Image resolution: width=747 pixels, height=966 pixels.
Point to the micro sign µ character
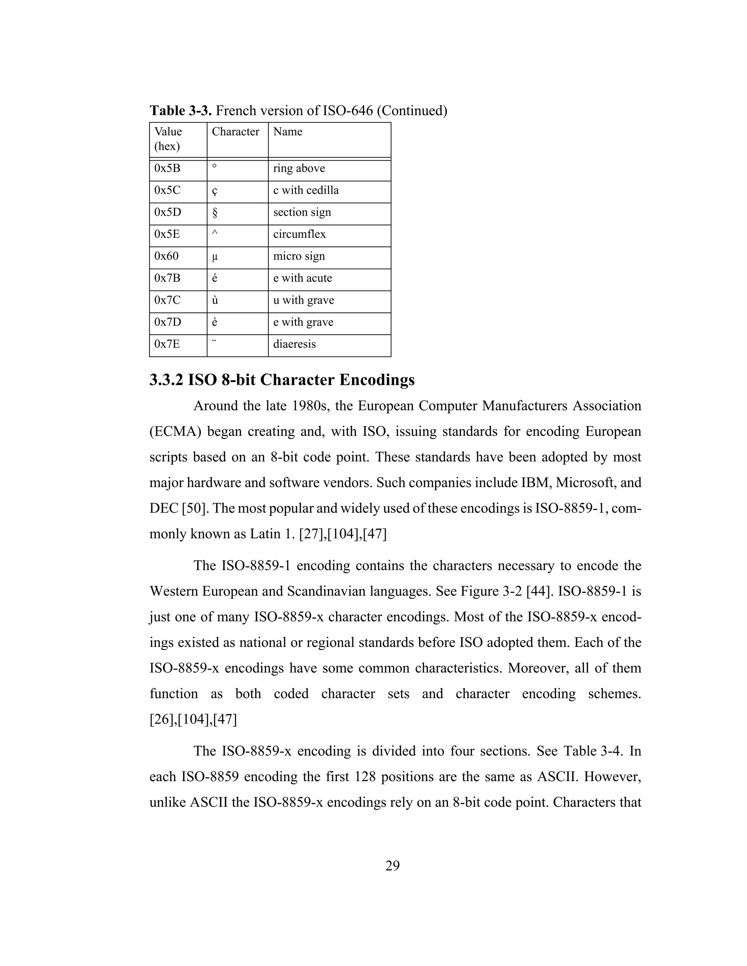click(x=214, y=257)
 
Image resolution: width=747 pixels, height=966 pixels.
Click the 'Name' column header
click(x=288, y=132)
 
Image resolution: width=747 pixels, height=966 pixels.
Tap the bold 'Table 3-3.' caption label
click(x=181, y=110)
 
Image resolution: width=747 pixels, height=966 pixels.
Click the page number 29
click(x=392, y=866)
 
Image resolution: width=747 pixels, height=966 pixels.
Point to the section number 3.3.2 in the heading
click(x=166, y=380)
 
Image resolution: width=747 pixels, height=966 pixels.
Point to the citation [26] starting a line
click(x=162, y=720)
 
